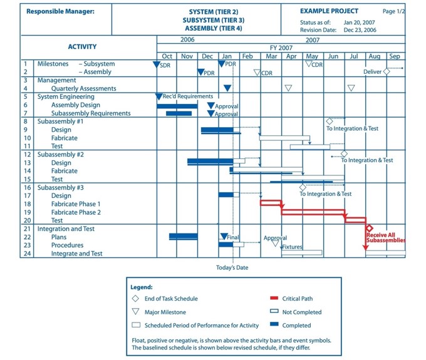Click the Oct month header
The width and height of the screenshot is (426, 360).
point(167,56)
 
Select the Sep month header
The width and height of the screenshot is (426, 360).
point(394,56)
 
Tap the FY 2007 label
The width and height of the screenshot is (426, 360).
point(281,48)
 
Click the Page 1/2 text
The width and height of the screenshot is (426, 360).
point(393,11)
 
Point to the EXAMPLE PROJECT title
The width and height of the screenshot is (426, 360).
point(329,11)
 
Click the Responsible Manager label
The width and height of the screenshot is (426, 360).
point(61,11)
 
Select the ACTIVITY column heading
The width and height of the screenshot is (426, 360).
point(82,47)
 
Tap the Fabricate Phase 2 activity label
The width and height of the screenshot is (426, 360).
point(76,212)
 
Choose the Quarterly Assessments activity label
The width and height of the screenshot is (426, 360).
point(84,88)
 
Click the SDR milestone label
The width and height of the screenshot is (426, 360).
point(165,65)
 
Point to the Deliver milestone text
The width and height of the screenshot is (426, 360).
point(372,72)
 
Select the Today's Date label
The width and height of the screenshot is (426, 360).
point(232,267)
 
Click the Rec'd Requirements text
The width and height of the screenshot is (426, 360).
point(187,96)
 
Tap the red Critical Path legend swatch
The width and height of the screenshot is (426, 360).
point(273,299)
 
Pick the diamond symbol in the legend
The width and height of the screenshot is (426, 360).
point(135,299)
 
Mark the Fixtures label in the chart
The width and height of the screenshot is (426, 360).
point(292,247)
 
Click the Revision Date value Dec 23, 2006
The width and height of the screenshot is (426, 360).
point(360,30)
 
